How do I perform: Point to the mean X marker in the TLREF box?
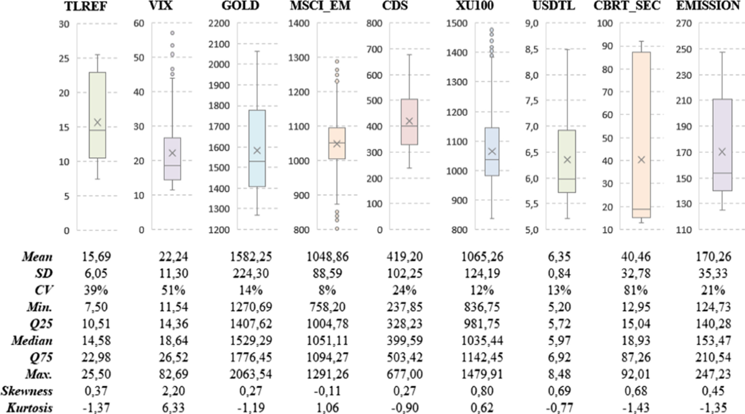pos(97,122)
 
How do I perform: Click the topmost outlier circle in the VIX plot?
pos(172,33)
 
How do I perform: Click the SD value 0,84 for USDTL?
pos(564,273)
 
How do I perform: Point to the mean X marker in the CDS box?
pos(409,121)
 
